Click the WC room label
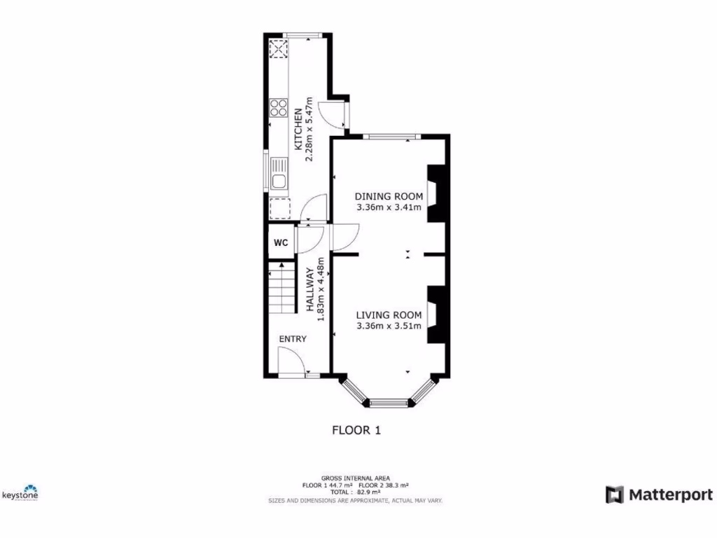(x=281, y=243)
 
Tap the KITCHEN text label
(x=298, y=130)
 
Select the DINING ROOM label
(x=389, y=196)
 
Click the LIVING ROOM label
(x=389, y=315)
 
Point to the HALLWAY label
(x=310, y=289)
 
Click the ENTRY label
(x=293, y=339)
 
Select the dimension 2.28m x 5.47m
(x=309, y=130)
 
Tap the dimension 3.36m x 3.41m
(x=389, y=207)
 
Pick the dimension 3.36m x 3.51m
(x=389, y=326)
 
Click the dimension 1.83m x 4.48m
(x=321, y=289)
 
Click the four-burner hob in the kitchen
(x=278, y=108)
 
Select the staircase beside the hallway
(x=281, y=287)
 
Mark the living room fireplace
(x=436, y=314)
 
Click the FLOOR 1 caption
(x=356, y=430)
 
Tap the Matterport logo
(x=659, y=495)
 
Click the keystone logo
(x=20, y=493)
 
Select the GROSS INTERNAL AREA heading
(x=355, y=478)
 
